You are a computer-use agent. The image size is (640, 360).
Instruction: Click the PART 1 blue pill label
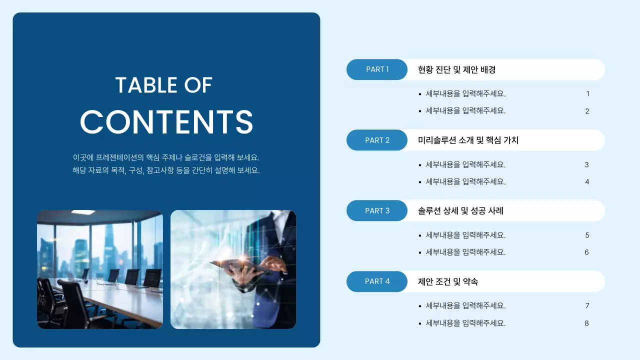[377, 69]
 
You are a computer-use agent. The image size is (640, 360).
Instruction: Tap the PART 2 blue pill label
[377, 140]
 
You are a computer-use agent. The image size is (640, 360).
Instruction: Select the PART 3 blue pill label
[377, 211]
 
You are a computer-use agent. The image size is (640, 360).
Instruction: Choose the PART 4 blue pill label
[377, 281]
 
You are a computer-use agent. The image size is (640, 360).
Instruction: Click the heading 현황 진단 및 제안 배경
[456, 70]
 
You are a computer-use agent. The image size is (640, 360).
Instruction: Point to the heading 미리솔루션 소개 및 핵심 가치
[468, 140]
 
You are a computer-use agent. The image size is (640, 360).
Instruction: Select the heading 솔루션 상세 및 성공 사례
[460, 211]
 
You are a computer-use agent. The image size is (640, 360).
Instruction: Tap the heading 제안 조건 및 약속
[448, 282]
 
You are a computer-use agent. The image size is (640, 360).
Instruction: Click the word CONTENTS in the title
[166, 121]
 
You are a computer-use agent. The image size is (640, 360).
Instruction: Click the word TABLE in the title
[139, 85]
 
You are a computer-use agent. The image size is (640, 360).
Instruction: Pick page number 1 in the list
[587, 94]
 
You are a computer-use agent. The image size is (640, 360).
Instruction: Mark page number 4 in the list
[587, 182]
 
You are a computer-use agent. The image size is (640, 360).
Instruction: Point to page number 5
[587, 235]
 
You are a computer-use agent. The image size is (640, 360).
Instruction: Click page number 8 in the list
[587, 323]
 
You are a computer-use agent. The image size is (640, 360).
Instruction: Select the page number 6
[587, 252]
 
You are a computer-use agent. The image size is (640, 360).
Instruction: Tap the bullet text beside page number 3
[465, 165]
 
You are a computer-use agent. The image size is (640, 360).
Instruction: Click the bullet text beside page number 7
[465, 306]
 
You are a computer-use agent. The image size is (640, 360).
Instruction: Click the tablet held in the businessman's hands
[235, 264]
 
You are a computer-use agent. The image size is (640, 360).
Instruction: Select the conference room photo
[99, 269]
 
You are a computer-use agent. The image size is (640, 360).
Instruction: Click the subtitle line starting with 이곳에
[166, 157]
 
